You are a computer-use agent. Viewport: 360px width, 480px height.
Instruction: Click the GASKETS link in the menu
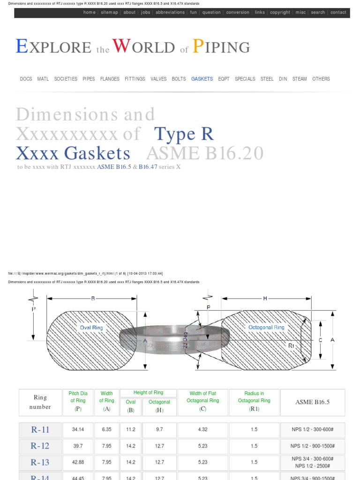(x=202, y=79)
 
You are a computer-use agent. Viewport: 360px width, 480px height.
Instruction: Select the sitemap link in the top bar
(x=109, y=13)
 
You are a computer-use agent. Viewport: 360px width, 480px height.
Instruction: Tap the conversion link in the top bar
(x=238, y=13)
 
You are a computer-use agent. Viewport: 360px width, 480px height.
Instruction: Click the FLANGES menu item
(x=110, y=79)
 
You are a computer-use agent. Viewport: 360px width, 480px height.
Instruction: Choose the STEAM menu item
(x=300, y=79)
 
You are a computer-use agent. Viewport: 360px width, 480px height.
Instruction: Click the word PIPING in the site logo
(x=222, y=47)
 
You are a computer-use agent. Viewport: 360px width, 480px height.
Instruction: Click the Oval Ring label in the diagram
(x=92, y=328)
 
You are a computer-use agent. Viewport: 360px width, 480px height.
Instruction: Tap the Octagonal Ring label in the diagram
(x=266, y=327)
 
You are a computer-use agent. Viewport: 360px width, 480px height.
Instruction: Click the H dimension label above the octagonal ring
(x=265, y=298)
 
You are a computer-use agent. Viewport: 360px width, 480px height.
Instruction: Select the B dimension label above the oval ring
(x=92, y=298)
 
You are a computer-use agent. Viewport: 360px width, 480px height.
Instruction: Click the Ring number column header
(x=40, y=402)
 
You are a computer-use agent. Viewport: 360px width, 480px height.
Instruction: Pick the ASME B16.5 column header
(x=312, y=402)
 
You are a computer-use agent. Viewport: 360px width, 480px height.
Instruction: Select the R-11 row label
(x=40, y=430)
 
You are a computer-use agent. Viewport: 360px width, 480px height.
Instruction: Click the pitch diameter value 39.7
(x=78, y=446)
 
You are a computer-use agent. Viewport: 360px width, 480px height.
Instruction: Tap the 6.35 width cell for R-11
(x=106, y=430)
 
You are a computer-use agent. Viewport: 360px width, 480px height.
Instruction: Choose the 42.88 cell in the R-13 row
(x=78, y=462)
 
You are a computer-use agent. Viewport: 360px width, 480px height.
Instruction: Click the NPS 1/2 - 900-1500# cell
(x=312, y=446)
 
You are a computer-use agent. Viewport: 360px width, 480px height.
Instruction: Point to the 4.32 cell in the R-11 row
(x=202, y=430)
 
